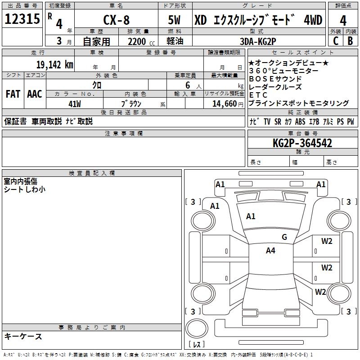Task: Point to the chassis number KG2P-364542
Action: point(302,143)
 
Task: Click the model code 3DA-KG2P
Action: point(258,40)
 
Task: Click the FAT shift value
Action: point(13,94)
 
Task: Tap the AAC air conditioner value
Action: point(35,94)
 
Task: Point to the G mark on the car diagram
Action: point(284,237)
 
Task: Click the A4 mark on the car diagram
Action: point(270,251)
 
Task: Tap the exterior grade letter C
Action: point(335,40)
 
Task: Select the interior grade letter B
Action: point(350,40)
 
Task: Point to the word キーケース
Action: point(23,336)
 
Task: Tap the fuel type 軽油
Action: point(175,41)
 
